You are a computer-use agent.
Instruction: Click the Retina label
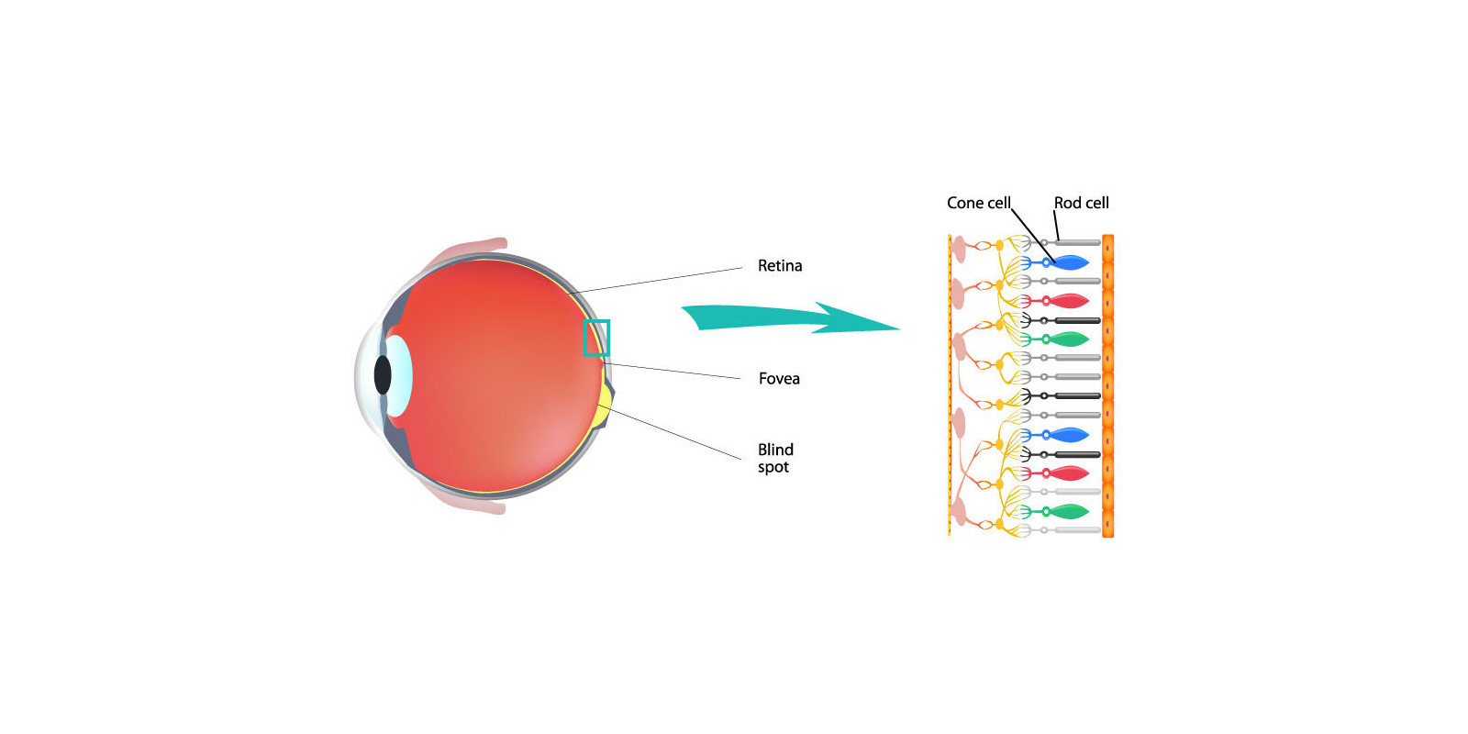pos(779,266)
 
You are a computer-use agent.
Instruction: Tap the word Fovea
pos(779,379)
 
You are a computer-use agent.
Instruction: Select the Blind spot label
pos(774,458)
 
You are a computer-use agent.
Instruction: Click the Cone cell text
pos(978,203)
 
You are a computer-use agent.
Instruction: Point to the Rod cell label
pos(1081,203)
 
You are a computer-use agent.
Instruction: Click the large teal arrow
pos(789,317)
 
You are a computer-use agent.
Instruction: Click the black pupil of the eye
pos(383,374)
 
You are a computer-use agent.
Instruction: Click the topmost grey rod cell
pos(1077,243)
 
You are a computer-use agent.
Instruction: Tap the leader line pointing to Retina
pos(656,281)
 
